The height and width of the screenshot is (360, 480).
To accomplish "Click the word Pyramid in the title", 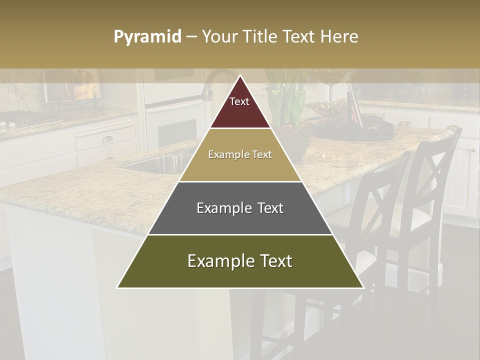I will tap(147, 37).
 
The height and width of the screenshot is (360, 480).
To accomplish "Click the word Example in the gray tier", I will tap(218, 208).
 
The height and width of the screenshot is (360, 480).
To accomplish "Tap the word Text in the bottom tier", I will tap(273, 261).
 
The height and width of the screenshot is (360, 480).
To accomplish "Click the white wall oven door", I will tap(175, 125).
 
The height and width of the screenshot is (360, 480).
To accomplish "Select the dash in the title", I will tap(191, 37).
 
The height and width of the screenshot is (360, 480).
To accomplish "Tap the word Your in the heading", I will tap(220, 37).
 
